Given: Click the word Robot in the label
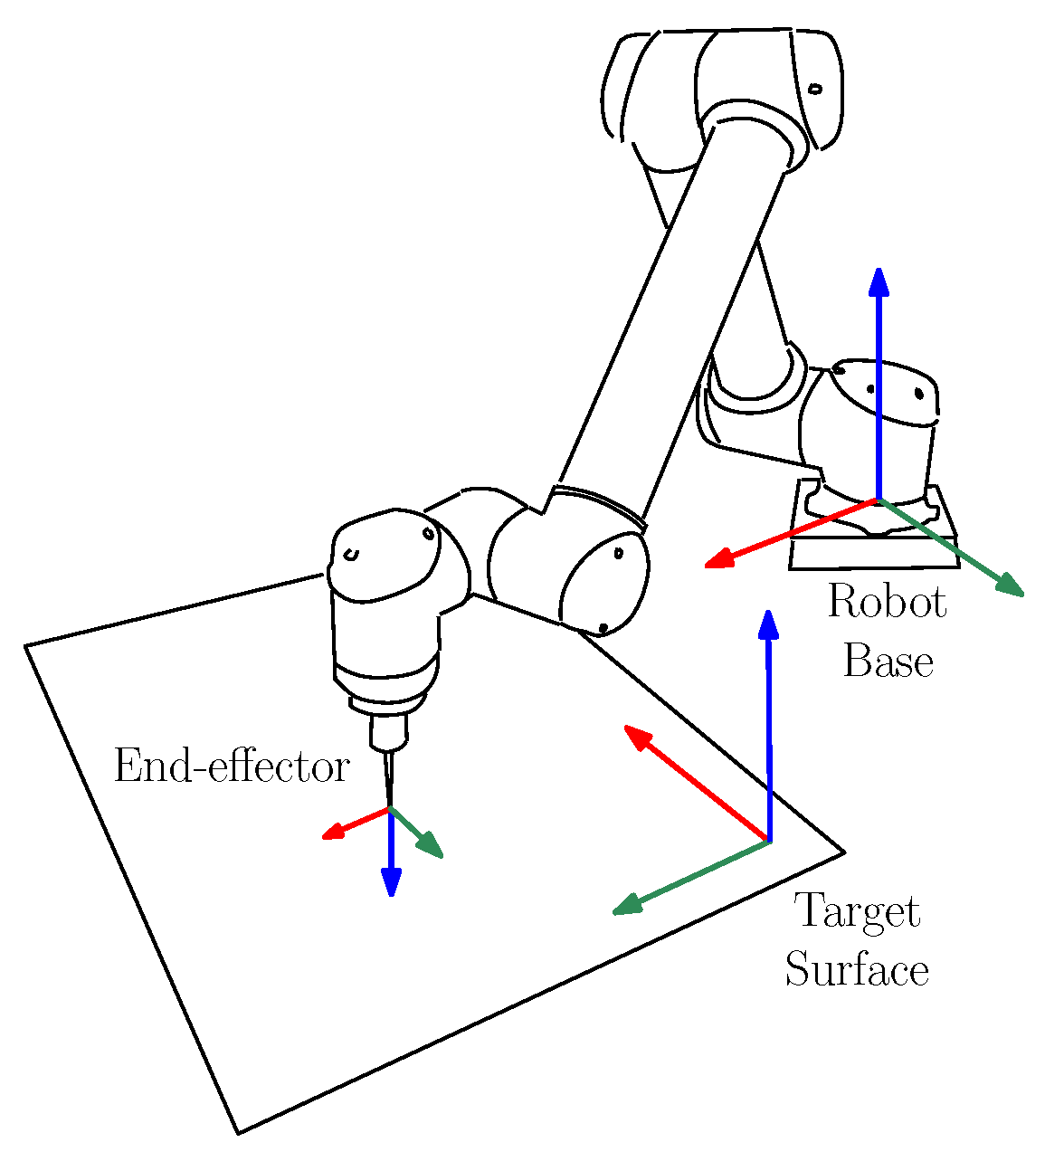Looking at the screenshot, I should click(887, 603).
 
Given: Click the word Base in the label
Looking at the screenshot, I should click(888, 662).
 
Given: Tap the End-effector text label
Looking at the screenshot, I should click(232, 767).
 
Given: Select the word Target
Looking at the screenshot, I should click(856, 911).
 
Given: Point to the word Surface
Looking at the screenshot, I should click(856, 970).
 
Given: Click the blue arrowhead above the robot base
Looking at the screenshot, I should click(879, 281).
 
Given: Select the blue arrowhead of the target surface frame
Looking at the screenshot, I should click(768, 624).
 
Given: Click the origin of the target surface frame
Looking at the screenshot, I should click(768, 842).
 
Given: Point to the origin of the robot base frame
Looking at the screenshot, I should click(878, 499).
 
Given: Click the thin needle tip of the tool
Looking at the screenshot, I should click(390, 802).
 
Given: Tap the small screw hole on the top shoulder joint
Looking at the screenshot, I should click(814, 89).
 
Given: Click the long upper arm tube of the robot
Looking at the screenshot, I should click(670, 317).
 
